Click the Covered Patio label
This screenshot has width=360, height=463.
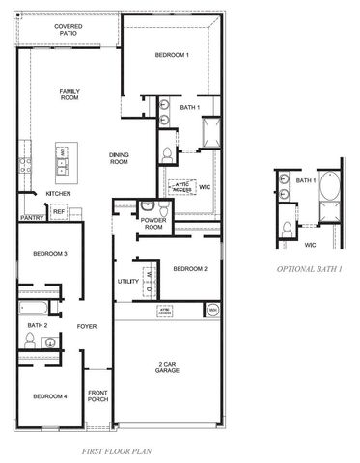68,30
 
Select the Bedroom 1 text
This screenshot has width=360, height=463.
173,56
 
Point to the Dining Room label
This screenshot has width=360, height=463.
120,158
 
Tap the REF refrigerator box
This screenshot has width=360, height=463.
59,210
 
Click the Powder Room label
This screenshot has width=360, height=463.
152,223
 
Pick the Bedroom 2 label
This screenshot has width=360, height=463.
190,268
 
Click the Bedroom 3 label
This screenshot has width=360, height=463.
49,254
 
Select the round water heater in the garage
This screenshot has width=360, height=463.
211,310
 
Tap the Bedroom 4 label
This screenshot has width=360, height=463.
49,397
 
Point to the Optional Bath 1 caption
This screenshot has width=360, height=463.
309,269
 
